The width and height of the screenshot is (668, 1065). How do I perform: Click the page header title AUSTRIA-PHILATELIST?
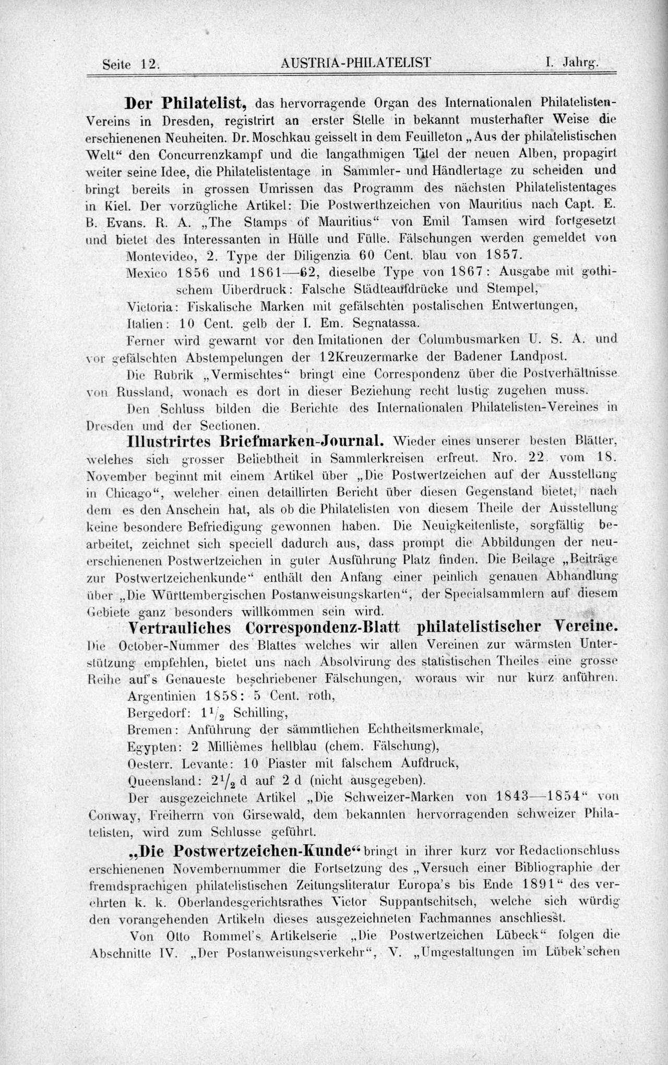[x=355, y=63]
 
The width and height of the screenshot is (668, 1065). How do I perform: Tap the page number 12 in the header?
[x=148, y=64]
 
